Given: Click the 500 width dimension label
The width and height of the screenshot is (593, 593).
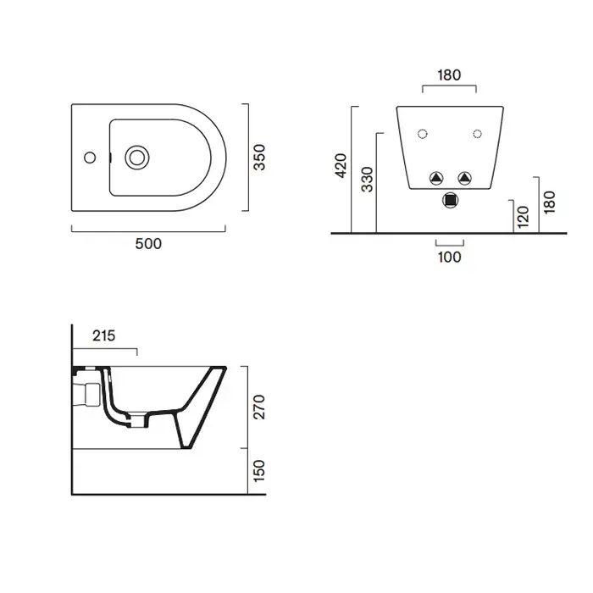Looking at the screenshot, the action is (x=148, y=244).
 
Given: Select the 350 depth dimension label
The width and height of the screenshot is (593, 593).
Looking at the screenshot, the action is (x=259, y=158).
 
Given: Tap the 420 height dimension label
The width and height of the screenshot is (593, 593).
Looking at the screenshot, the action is (x=341, y=165).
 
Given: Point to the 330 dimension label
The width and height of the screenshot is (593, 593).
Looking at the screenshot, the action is (x=367, y=180).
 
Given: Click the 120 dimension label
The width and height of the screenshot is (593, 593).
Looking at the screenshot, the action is (x=523, y=217).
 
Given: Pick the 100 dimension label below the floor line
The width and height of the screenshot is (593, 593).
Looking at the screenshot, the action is (x=449, y=258).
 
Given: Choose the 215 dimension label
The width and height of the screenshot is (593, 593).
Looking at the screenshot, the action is (x=103, y=335).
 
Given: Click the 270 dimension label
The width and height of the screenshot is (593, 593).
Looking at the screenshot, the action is (x=259, y=407).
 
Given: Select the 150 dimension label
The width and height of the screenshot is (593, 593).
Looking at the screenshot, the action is (x=259, y=471).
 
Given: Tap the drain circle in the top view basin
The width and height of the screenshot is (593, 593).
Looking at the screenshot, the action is (x=137, y=158).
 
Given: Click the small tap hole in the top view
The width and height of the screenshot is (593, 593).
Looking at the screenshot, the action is (x=90, y=158).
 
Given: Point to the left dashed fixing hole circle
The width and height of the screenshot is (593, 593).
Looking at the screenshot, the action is (x=423, y=134).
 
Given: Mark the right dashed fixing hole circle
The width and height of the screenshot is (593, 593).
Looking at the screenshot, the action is (x=477, y=134).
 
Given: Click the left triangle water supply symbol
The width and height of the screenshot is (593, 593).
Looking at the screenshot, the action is (x=436, y=178).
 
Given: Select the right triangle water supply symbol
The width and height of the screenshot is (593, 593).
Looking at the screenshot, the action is (x=464, y=178).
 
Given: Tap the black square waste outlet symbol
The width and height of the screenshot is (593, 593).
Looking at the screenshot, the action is (x=450, y=200).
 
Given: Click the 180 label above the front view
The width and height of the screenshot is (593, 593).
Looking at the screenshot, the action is (x=449, y=75).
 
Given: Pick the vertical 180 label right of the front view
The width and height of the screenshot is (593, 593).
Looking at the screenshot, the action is (x=549, y=202).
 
